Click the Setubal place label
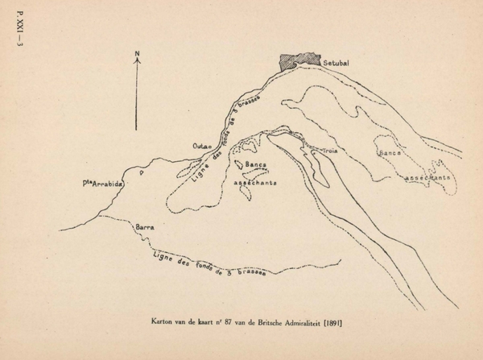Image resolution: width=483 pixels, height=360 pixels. point(333,61)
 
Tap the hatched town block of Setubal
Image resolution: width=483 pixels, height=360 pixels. point(299,61)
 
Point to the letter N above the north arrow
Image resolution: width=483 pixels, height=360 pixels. point(138,55)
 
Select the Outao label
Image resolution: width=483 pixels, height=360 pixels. point(201,145)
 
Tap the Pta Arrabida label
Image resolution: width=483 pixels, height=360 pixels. point(103,184)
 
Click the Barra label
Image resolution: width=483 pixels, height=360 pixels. point(146,229)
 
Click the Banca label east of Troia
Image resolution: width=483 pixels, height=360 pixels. point(389,151)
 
